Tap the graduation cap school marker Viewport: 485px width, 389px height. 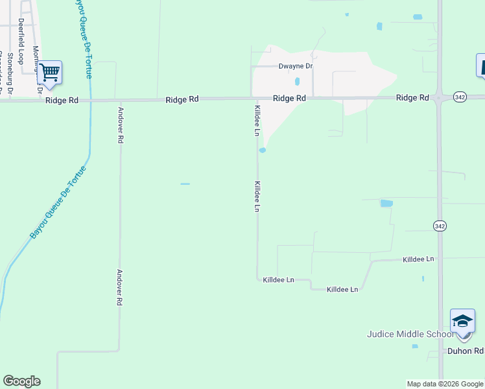click(x=462, y=321)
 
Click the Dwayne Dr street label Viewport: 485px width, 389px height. click(x=296, y=66)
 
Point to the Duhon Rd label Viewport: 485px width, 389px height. click(x=466, y=351)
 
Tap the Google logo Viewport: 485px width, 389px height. click(x=21, y=381)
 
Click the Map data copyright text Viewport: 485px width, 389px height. click(x=445, y=384)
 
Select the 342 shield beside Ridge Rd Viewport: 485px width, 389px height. click(x=460, y=97)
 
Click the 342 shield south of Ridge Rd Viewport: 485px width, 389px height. click(x=440, y=225)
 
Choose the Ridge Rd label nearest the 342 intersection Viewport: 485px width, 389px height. click(x=412, y=98)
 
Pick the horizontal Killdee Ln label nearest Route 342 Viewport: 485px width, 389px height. click(x=418, y=259)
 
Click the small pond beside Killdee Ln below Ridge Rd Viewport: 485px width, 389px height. click(x=263, y=150)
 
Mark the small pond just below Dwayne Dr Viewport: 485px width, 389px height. click(x=297, y=82)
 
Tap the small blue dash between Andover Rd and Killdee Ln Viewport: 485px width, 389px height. click(x=185, y=184)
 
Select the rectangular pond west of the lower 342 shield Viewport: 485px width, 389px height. click(x=386, y=203)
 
